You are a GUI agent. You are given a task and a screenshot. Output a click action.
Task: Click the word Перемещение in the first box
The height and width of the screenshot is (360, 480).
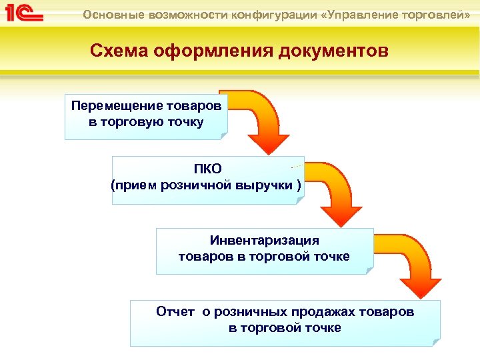point(111,106)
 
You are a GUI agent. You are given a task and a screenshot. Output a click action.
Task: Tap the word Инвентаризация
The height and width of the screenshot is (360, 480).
point(265,241)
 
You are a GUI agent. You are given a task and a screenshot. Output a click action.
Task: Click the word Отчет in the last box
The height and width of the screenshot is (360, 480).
point(175,311)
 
